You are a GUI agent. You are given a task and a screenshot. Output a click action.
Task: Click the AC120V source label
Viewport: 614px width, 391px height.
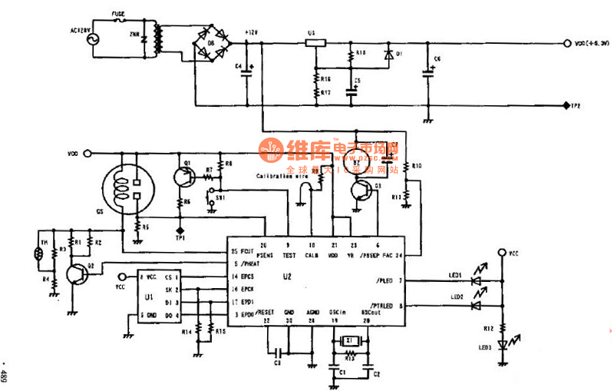click(82, 31)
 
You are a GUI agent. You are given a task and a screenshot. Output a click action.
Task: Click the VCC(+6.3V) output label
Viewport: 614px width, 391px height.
click(591, 44)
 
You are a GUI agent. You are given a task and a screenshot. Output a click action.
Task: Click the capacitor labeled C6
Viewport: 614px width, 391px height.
click(428, 74)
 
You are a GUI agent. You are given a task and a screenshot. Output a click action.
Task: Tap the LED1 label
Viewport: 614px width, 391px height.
click(457, 275)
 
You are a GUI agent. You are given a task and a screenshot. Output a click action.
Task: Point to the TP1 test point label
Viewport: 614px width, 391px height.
click(180, 238)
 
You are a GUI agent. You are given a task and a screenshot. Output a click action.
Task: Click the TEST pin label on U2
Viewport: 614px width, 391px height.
click(289, 253)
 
